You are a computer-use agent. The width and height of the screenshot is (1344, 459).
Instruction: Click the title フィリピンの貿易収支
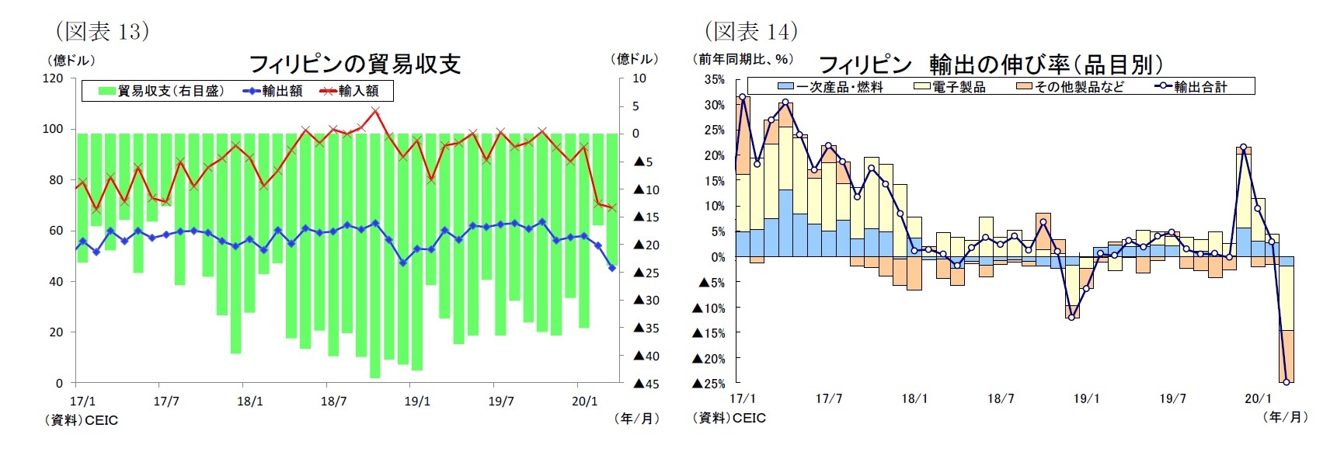tap(354, 64)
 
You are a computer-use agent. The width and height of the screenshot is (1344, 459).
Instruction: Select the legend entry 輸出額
tap(273, 91)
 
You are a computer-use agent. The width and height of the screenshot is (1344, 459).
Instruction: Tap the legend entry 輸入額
tap(350, 91)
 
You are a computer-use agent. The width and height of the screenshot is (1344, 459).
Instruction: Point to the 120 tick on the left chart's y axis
tap(53, 78)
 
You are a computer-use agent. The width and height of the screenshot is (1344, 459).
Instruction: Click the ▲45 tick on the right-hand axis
tap(646, 384)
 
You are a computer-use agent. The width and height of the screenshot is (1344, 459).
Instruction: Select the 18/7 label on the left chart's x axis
tap(333, 402)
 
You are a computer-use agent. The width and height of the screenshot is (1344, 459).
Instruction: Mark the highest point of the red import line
tap(375, 111)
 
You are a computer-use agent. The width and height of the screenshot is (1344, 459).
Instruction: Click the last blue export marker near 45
tap(612, 268)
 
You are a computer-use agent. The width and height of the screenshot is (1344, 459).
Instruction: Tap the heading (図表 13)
tap(103, 31)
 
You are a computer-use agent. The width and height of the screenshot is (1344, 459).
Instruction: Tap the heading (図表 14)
tap(751, 31)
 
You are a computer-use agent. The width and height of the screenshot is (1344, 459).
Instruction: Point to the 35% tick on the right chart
tap(714, 79)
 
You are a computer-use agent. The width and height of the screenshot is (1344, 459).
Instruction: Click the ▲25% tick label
tap(708, 384)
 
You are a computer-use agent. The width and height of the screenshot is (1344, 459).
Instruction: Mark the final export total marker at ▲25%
tap(1287, 381)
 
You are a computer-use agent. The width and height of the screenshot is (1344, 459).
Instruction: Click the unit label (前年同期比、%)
tap(743, 59)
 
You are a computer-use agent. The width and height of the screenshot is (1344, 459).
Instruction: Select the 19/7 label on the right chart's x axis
tap(1172, 398)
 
